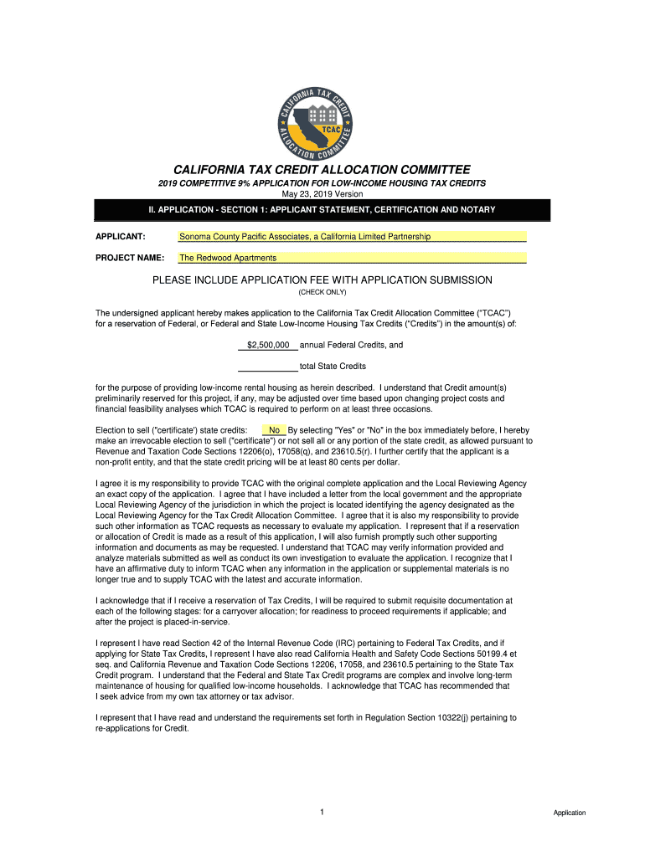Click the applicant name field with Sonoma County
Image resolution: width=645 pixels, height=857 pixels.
(352, 237)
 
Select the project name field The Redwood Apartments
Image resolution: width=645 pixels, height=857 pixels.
(352, 258)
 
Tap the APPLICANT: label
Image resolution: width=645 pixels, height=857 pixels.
(121, 237)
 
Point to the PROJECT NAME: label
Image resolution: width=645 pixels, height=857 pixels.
(129, 258)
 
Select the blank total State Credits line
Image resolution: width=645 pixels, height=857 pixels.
(268, 366)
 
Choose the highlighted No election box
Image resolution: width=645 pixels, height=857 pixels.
(274, 430)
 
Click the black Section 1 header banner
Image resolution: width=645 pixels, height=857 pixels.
(322, 209)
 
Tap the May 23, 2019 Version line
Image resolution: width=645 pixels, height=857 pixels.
(322, 194)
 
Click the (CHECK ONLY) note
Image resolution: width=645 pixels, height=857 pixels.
(322, 293)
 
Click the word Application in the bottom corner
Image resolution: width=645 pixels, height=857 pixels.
(569, 813)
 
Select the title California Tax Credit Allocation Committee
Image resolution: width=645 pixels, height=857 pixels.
(322, 168)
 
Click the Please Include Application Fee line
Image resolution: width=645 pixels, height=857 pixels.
(322, 280)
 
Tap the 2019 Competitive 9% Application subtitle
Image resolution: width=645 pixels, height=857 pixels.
(322, 183)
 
